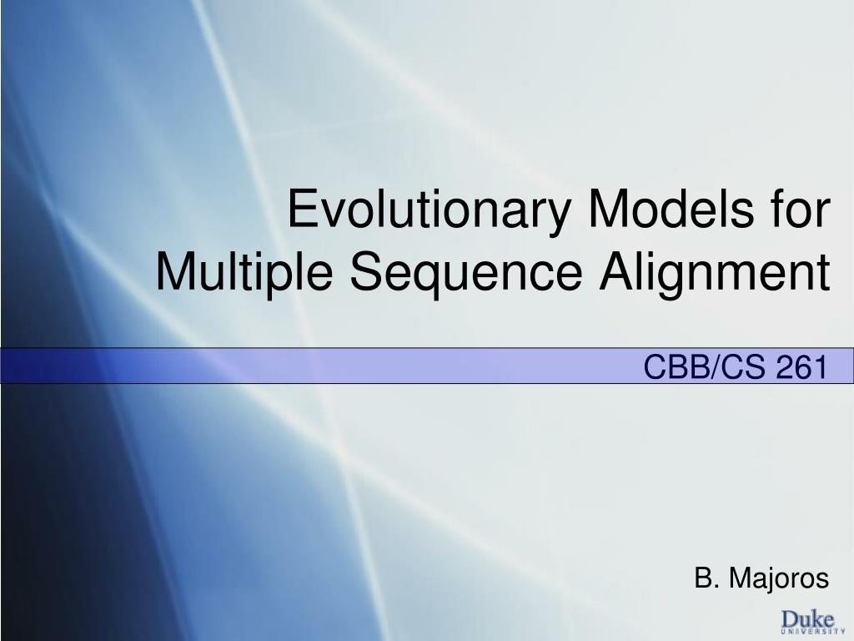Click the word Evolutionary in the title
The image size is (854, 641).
(x=431, y=210)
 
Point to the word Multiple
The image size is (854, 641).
(x=247, y=273)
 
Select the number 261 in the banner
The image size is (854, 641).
(x=801, y=366)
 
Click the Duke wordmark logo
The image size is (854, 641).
(x=807, y=619)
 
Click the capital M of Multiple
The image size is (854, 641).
(x=175, y=273)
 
